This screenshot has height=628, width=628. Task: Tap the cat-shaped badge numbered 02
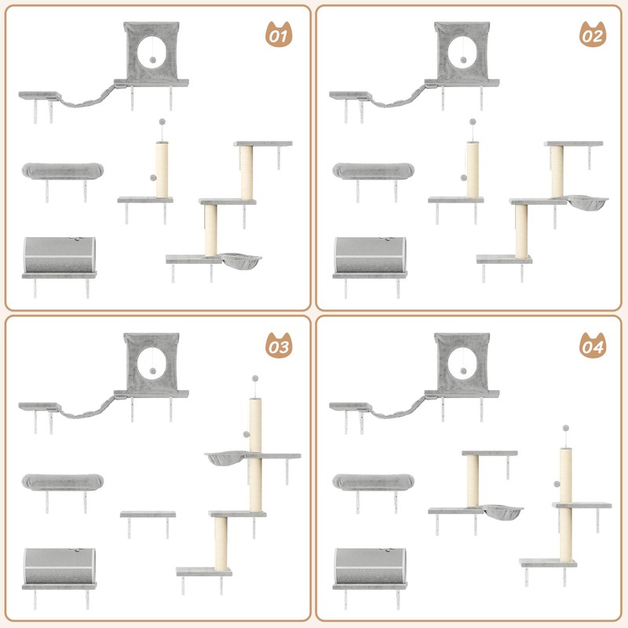pyautogui.click(x=591, y=35)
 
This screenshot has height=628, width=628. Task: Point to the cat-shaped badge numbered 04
pyautogui.click(x=591, y=345)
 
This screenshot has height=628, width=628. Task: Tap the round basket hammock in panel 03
pyautogui.click(x=227, y=458)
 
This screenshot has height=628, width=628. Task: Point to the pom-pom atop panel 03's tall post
pyautogui.click(x=254, y=379)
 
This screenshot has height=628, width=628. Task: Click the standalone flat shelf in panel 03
pyautogui.click(x=148, y=515)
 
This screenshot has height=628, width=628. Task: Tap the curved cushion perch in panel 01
pyautogui.click(x=62, y=170)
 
